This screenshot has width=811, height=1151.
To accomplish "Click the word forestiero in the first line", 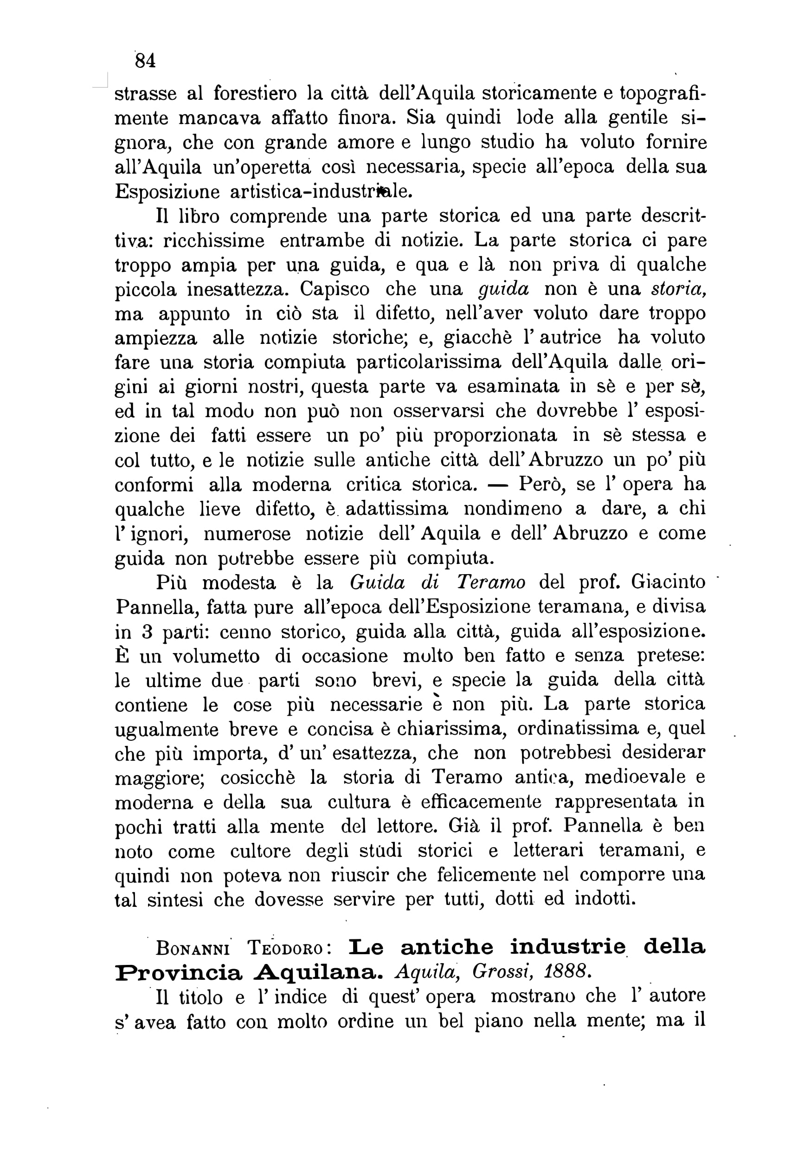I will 255,94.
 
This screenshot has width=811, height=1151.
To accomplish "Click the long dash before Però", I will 498,485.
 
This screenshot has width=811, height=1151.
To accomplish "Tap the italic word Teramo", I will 491,582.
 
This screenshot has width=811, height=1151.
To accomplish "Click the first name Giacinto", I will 668,582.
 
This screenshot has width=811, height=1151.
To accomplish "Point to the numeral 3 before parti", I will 147,632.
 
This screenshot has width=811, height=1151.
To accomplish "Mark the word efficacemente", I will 481,802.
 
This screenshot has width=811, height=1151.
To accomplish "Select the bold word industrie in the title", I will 568,947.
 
